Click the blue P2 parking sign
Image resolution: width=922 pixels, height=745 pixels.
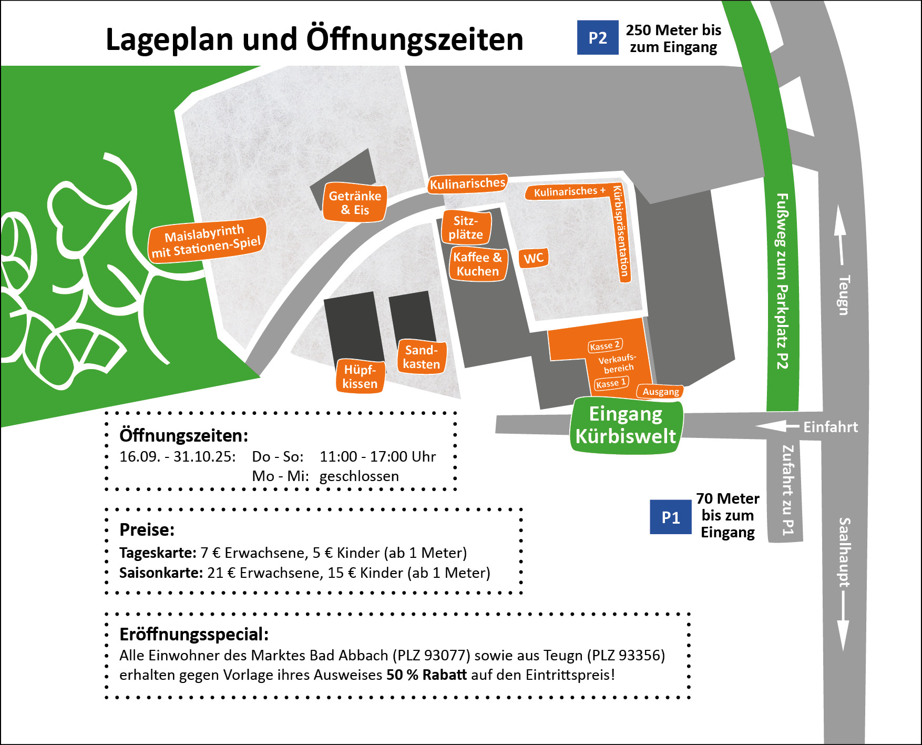(598, 37)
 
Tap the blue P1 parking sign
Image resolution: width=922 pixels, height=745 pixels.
(670, 517)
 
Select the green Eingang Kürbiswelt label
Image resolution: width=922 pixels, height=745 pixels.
(626, 425)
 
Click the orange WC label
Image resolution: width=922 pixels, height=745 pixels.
(534, 258)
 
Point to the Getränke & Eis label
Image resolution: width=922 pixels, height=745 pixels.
(355, 202)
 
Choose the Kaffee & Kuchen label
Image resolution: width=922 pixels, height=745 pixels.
(477, 264)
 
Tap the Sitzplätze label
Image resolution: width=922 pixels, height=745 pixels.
(466, 227)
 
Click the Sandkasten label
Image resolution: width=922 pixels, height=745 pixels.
(422, 357)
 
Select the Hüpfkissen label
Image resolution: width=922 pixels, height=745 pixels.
(360, 376)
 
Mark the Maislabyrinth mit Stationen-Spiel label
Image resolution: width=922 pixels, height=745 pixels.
(206, 239)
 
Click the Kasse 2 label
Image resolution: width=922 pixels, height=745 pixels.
(605, 345)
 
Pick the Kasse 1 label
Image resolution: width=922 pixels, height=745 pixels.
(611, 383)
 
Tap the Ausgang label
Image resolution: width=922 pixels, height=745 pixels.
(660, 392)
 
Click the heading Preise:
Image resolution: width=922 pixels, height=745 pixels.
(147, 529)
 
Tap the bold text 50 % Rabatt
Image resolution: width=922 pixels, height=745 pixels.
(426, 675)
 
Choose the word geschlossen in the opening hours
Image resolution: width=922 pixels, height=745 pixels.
(359, 476)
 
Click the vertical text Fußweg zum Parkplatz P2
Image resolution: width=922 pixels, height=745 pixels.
(782, 281)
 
